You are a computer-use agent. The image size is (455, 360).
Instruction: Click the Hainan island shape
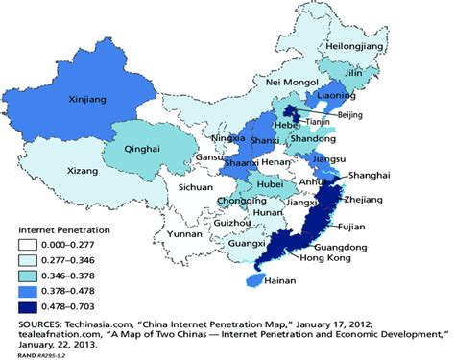253,279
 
